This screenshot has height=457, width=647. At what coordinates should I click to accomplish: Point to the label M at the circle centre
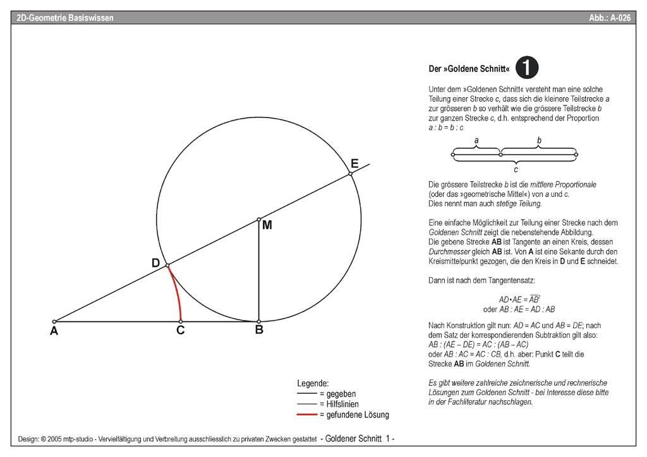pos(267,225)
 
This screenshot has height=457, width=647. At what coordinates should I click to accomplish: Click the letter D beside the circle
pos(156,263)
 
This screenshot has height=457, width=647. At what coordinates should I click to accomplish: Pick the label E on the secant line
pos(354,164)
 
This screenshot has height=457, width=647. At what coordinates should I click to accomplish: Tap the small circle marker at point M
pos(259,219)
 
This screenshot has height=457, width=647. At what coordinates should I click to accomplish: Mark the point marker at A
pos(54,321)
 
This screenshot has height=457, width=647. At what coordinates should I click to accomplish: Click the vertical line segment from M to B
pos(259,271)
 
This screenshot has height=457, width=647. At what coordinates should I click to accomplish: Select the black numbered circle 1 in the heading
pos(526,67)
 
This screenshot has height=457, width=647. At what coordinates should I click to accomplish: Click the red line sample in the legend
pos(307,415)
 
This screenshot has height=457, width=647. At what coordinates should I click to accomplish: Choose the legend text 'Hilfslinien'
pos(345,404)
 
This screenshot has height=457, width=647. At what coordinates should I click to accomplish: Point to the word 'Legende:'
pos(313,383)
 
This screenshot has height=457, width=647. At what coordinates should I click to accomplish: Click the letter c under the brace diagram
pos(516,169)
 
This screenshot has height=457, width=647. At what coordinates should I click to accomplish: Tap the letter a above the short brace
pos(476,140)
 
